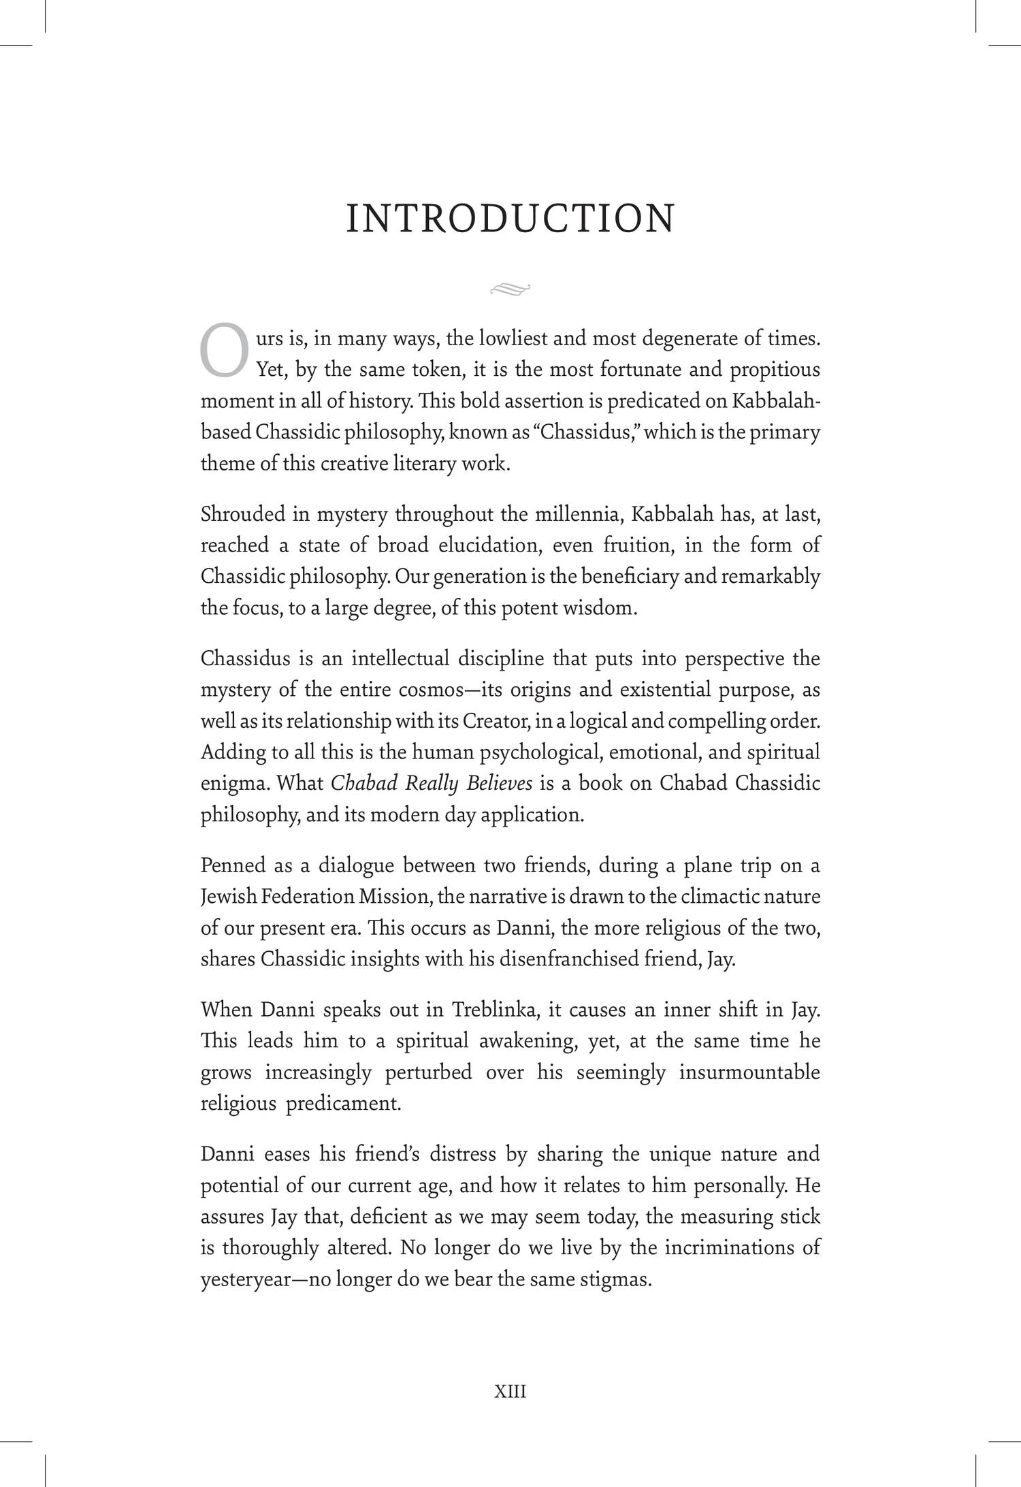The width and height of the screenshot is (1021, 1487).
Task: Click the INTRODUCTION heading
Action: click(510, 219)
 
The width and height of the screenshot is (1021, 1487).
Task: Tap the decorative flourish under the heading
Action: click(510, 290)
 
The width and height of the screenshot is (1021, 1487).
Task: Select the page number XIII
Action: click(510, 1392)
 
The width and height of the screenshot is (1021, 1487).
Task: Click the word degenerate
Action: click(685, 338)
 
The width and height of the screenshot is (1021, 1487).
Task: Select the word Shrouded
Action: click(242, 514)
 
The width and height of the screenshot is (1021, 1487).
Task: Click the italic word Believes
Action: click(500, 784)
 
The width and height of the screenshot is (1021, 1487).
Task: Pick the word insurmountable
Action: click(749, 1072)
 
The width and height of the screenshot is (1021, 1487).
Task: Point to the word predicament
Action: click(343, 1104)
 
